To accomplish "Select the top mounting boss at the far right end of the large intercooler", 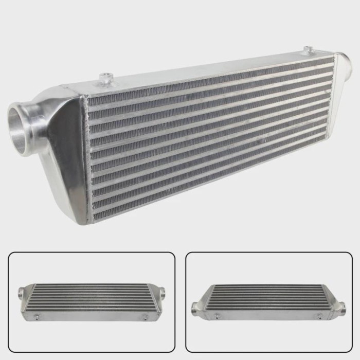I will tap(308, 50).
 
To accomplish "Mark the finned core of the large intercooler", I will tap(206, 139).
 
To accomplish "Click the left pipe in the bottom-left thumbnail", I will tap(21, 294).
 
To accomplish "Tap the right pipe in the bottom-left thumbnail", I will tap(162, 293).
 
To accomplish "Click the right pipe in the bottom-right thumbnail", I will tap(340, 308).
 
